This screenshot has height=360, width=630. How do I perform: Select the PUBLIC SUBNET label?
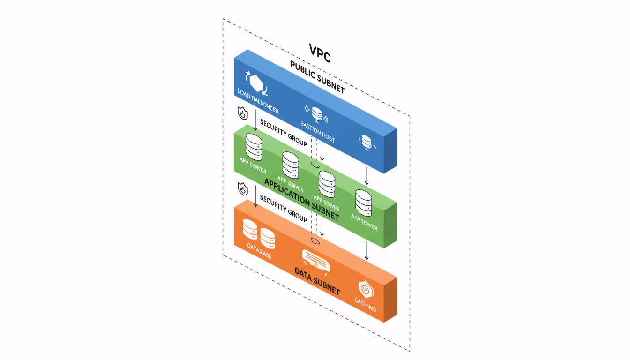coord(317,77)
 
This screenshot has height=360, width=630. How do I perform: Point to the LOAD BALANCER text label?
coord(258,101)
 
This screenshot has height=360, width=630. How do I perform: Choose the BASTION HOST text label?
coord(317,131)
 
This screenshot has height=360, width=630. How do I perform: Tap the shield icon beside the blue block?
coord(242,113)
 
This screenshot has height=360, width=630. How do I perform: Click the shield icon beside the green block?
coord(242,189)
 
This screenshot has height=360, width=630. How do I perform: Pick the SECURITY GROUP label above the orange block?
coord(284,209)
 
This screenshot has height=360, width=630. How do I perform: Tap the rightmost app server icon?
coord(363,202)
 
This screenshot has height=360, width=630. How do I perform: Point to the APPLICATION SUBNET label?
coord(301,199)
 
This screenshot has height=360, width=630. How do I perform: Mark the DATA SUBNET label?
coord(317,281)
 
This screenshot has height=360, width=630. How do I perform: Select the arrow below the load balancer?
coord(255,120)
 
